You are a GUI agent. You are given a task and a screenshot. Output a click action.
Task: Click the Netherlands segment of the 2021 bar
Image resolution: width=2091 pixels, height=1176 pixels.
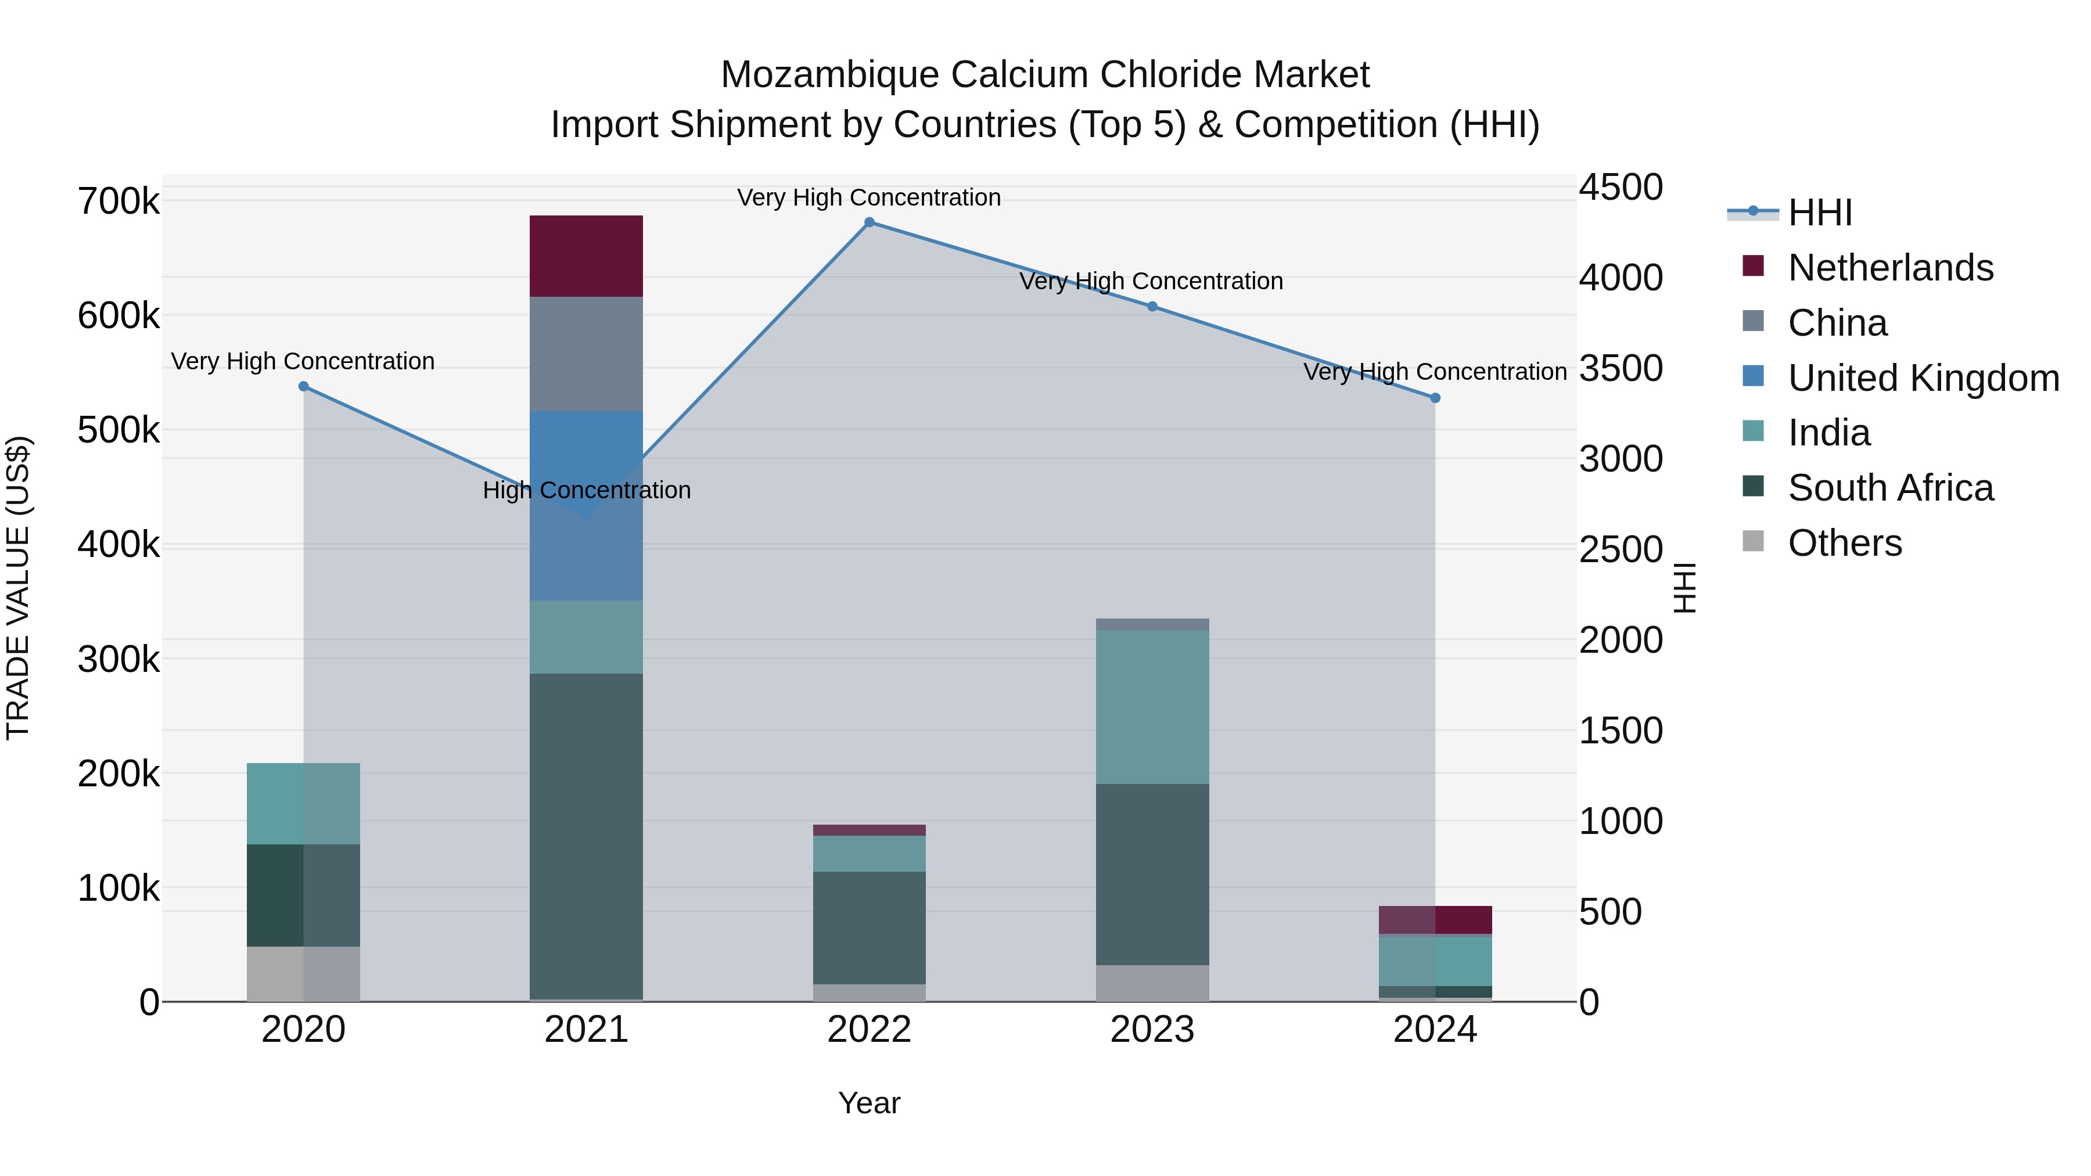tap(586, 256)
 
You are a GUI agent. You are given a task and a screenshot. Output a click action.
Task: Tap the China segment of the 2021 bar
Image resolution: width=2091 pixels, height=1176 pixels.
tap(586, 354)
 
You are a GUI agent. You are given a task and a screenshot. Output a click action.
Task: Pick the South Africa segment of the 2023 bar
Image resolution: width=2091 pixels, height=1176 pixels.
tap(1152, 874)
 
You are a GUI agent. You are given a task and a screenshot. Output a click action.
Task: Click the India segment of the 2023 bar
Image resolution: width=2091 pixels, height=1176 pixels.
tap(1152, 707)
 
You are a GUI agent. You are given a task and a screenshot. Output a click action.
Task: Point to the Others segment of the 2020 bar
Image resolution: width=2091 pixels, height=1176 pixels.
tap(303, 973)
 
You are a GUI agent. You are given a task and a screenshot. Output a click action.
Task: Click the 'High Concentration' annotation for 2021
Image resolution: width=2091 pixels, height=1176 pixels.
tap(586, 490)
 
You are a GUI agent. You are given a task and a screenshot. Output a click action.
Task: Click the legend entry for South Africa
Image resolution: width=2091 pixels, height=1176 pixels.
tap(1889, 488)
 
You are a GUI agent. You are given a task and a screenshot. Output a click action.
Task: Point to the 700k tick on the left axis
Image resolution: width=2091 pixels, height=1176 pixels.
tap(118, 202)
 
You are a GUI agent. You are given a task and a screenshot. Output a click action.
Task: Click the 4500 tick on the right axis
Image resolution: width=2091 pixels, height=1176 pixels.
tap(1620, 188)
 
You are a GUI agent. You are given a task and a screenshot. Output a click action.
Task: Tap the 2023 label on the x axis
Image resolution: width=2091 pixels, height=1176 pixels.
tap(1152, 1030)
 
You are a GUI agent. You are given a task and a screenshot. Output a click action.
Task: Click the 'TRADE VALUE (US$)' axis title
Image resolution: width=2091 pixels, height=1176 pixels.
tap(18, 588)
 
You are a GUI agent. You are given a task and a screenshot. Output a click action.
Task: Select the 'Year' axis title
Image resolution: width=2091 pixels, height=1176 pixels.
tap(868, 1103)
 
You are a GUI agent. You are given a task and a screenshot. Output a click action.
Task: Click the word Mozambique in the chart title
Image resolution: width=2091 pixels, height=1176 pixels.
tap(829, 75)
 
